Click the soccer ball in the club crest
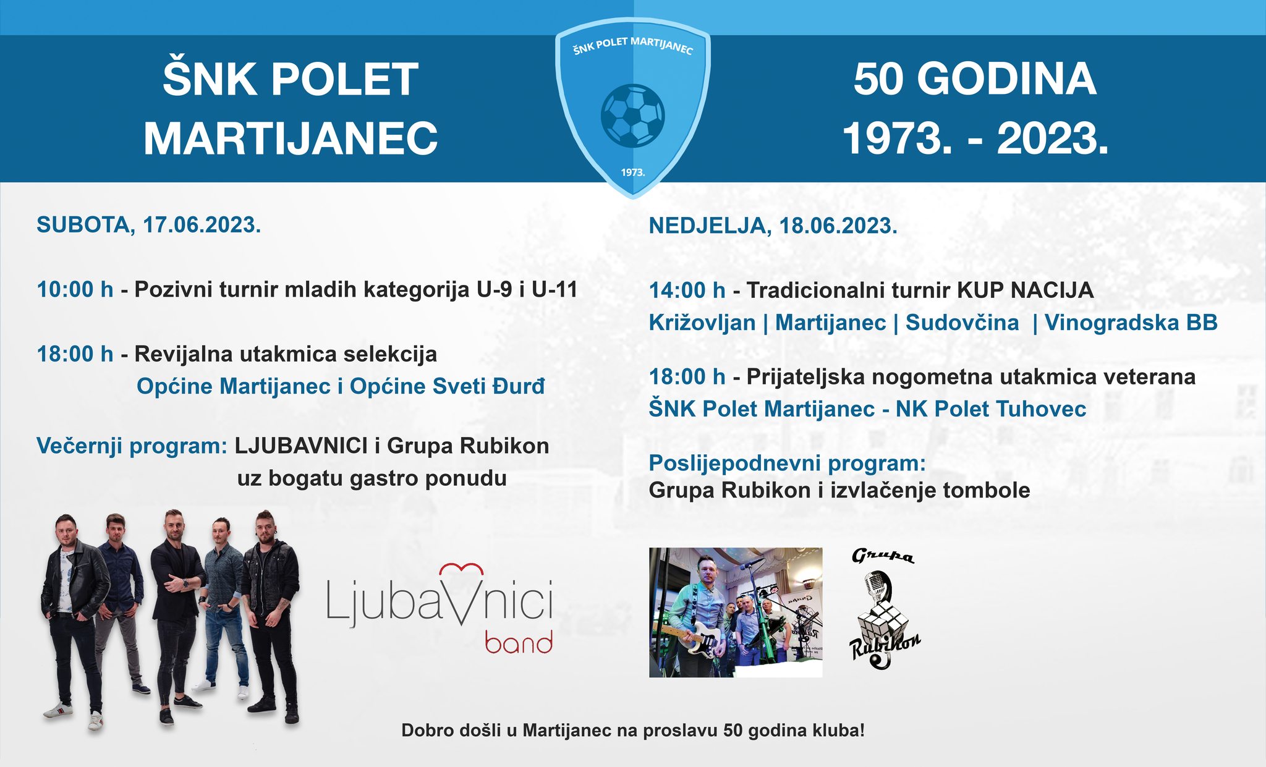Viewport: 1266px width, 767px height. tap(632, 116)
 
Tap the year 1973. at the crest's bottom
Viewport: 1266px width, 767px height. tap(633, 172)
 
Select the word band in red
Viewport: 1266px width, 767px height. tap(518, 642)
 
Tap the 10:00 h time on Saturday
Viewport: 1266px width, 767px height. tap(75, 289)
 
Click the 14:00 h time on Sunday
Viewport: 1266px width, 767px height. tap(687, 290)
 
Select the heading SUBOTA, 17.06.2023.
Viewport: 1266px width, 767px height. tap(149, 225)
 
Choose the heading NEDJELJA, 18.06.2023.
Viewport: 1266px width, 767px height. tap(773, 226)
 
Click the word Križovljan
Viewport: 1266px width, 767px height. tap(702, 323)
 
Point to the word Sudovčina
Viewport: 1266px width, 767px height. tap(962, 323)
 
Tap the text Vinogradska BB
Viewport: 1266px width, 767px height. tap(1131, 323)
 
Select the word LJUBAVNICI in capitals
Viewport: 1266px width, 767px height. tap(301, 446)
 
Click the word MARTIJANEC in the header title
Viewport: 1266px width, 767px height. tap(291, 138)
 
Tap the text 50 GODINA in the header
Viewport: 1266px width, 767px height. tap(975, 79)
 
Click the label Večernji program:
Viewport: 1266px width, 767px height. tap(132, 446)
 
